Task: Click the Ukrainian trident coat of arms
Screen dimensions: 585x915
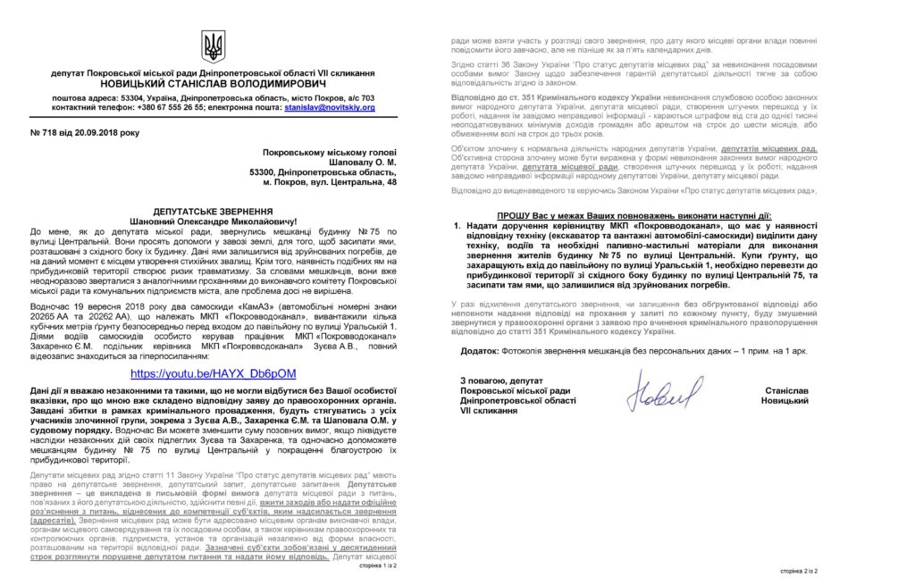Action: coord(214,46)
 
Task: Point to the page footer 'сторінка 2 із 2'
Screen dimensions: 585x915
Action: coord(798,570)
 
